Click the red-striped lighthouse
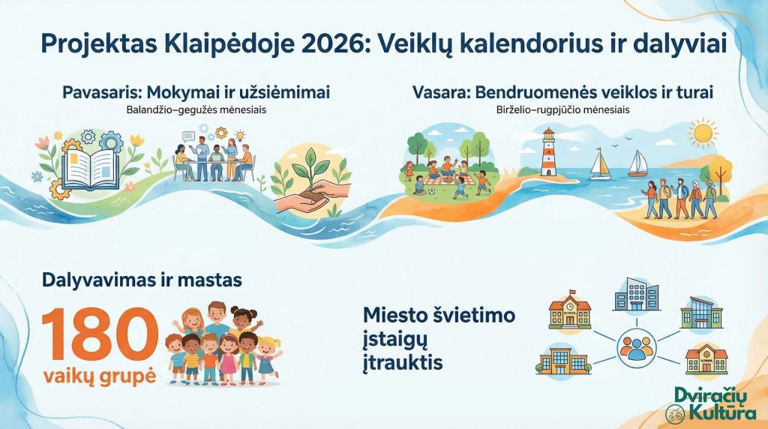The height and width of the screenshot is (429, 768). [548, 152]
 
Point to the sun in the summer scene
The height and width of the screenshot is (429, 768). [703, 132]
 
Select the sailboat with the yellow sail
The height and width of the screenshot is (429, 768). [601, 163]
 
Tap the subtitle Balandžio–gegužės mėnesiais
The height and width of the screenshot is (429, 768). [196, 109]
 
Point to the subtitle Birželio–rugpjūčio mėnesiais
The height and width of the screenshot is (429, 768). [562, 109]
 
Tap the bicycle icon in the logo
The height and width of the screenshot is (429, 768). [676, 414]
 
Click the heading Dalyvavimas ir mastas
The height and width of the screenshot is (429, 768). [142, 280]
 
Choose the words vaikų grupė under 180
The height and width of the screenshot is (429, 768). [100, 376]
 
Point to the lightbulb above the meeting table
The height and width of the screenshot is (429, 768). [240, 135]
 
